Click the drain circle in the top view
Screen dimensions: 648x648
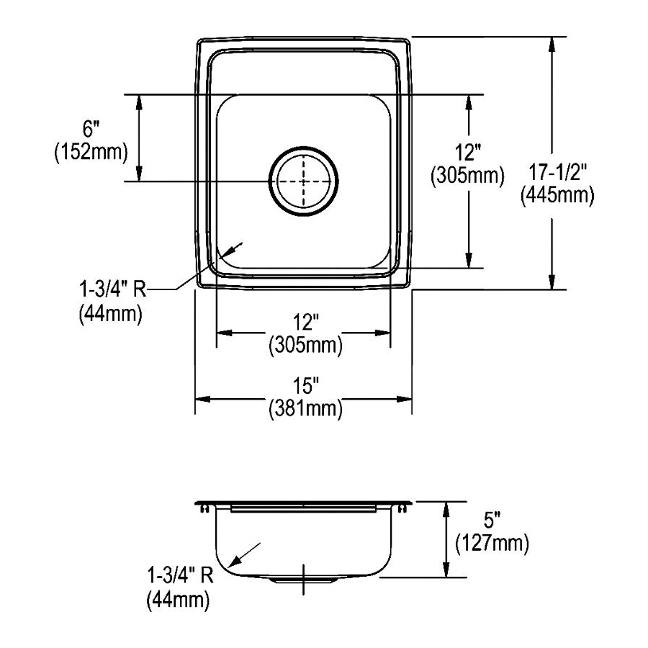coord(269,181)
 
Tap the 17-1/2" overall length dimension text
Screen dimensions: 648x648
coord(558,172)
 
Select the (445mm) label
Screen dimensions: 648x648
coord(557,195)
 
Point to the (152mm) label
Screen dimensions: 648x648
coord(91,152)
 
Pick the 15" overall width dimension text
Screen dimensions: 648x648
coord(306,386)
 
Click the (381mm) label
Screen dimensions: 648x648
coord(306,409)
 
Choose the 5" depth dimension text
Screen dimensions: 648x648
coord(492,521)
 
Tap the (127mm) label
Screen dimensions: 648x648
coord(492,544)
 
